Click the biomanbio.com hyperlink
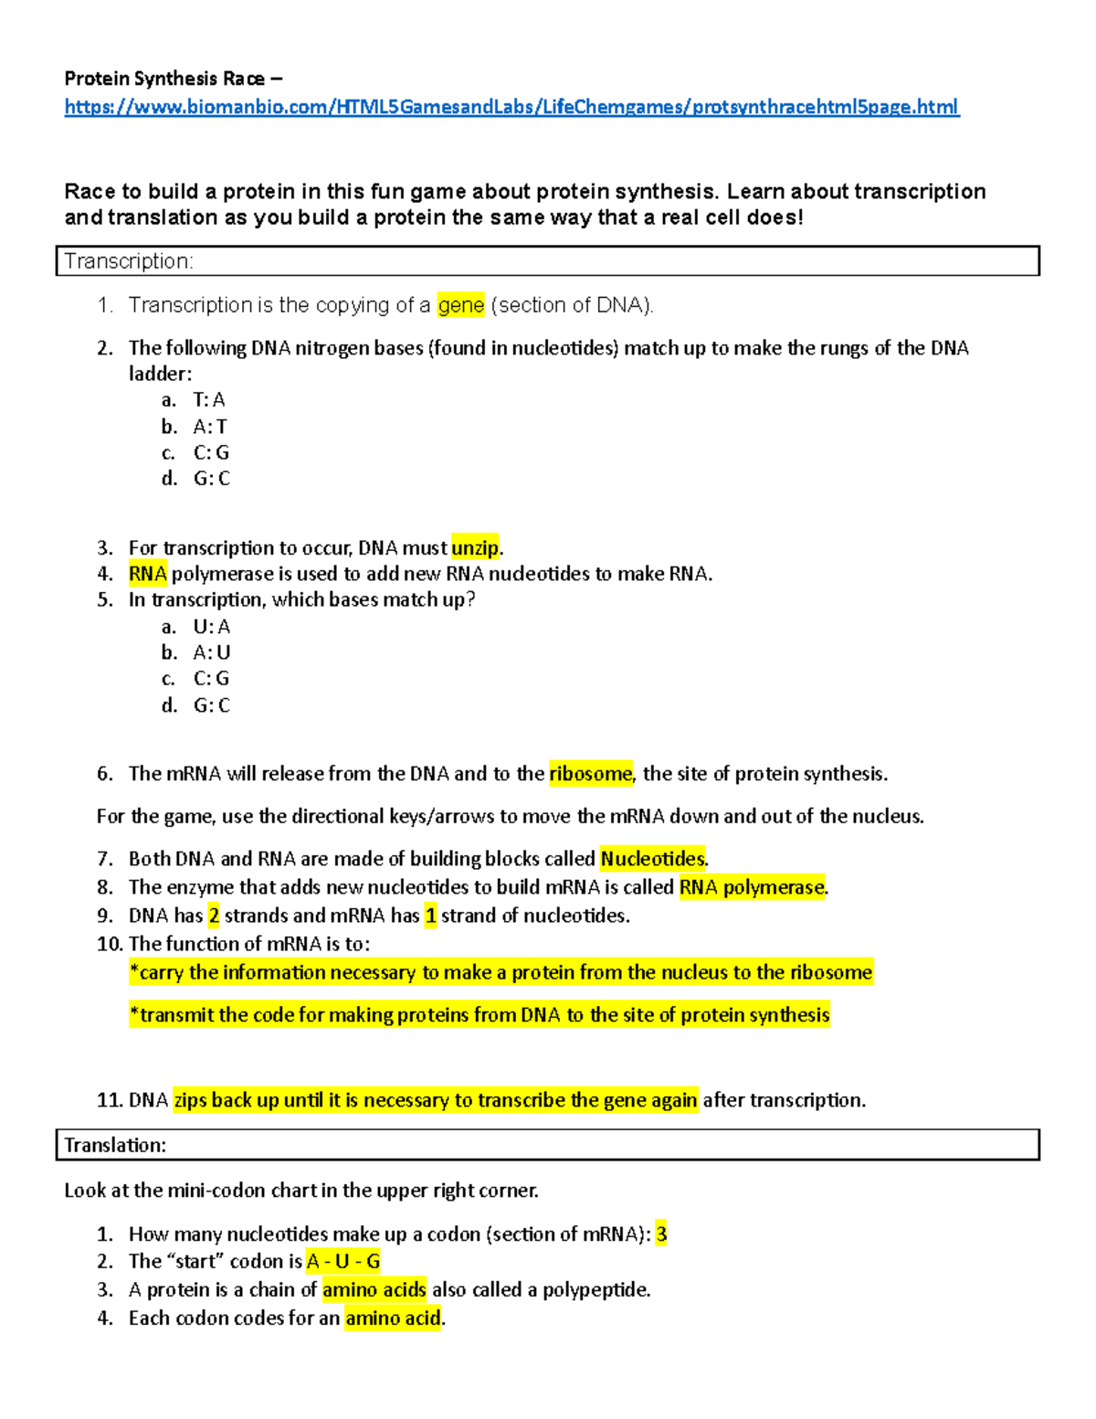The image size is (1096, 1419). point(511,107)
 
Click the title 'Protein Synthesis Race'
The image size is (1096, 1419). point(164,79)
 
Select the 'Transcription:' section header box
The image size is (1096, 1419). point(547,260)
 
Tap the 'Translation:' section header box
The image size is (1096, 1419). point(547,1145)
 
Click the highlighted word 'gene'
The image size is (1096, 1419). point(460,305)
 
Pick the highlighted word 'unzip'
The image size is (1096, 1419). point(475,547)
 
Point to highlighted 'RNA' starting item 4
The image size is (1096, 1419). point(147,574)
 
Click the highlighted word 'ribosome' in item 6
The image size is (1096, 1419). point(590,774)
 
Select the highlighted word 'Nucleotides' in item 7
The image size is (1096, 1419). point(652,859)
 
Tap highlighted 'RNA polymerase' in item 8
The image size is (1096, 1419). point(752,887)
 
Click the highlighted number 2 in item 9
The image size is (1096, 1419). point(214,916)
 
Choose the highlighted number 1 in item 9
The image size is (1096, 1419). point(431,916)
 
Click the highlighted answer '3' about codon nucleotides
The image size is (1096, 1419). point(661,1234)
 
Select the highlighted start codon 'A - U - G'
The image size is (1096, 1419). point(343,1262)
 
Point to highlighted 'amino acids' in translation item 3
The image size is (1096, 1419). point(374,1290)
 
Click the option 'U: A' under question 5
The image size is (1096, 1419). point(211,627)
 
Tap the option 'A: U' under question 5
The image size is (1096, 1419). point(211,652)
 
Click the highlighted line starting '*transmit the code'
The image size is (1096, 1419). point(479,1015)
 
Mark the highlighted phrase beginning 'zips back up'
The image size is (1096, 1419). point(436,1100)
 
